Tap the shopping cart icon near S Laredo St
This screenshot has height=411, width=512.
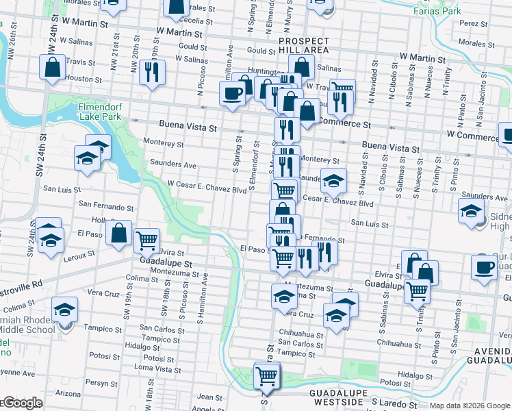pos(266,375)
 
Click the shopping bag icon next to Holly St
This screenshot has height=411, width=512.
pos(119,232)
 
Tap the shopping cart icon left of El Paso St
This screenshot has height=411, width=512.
pos(146,240)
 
